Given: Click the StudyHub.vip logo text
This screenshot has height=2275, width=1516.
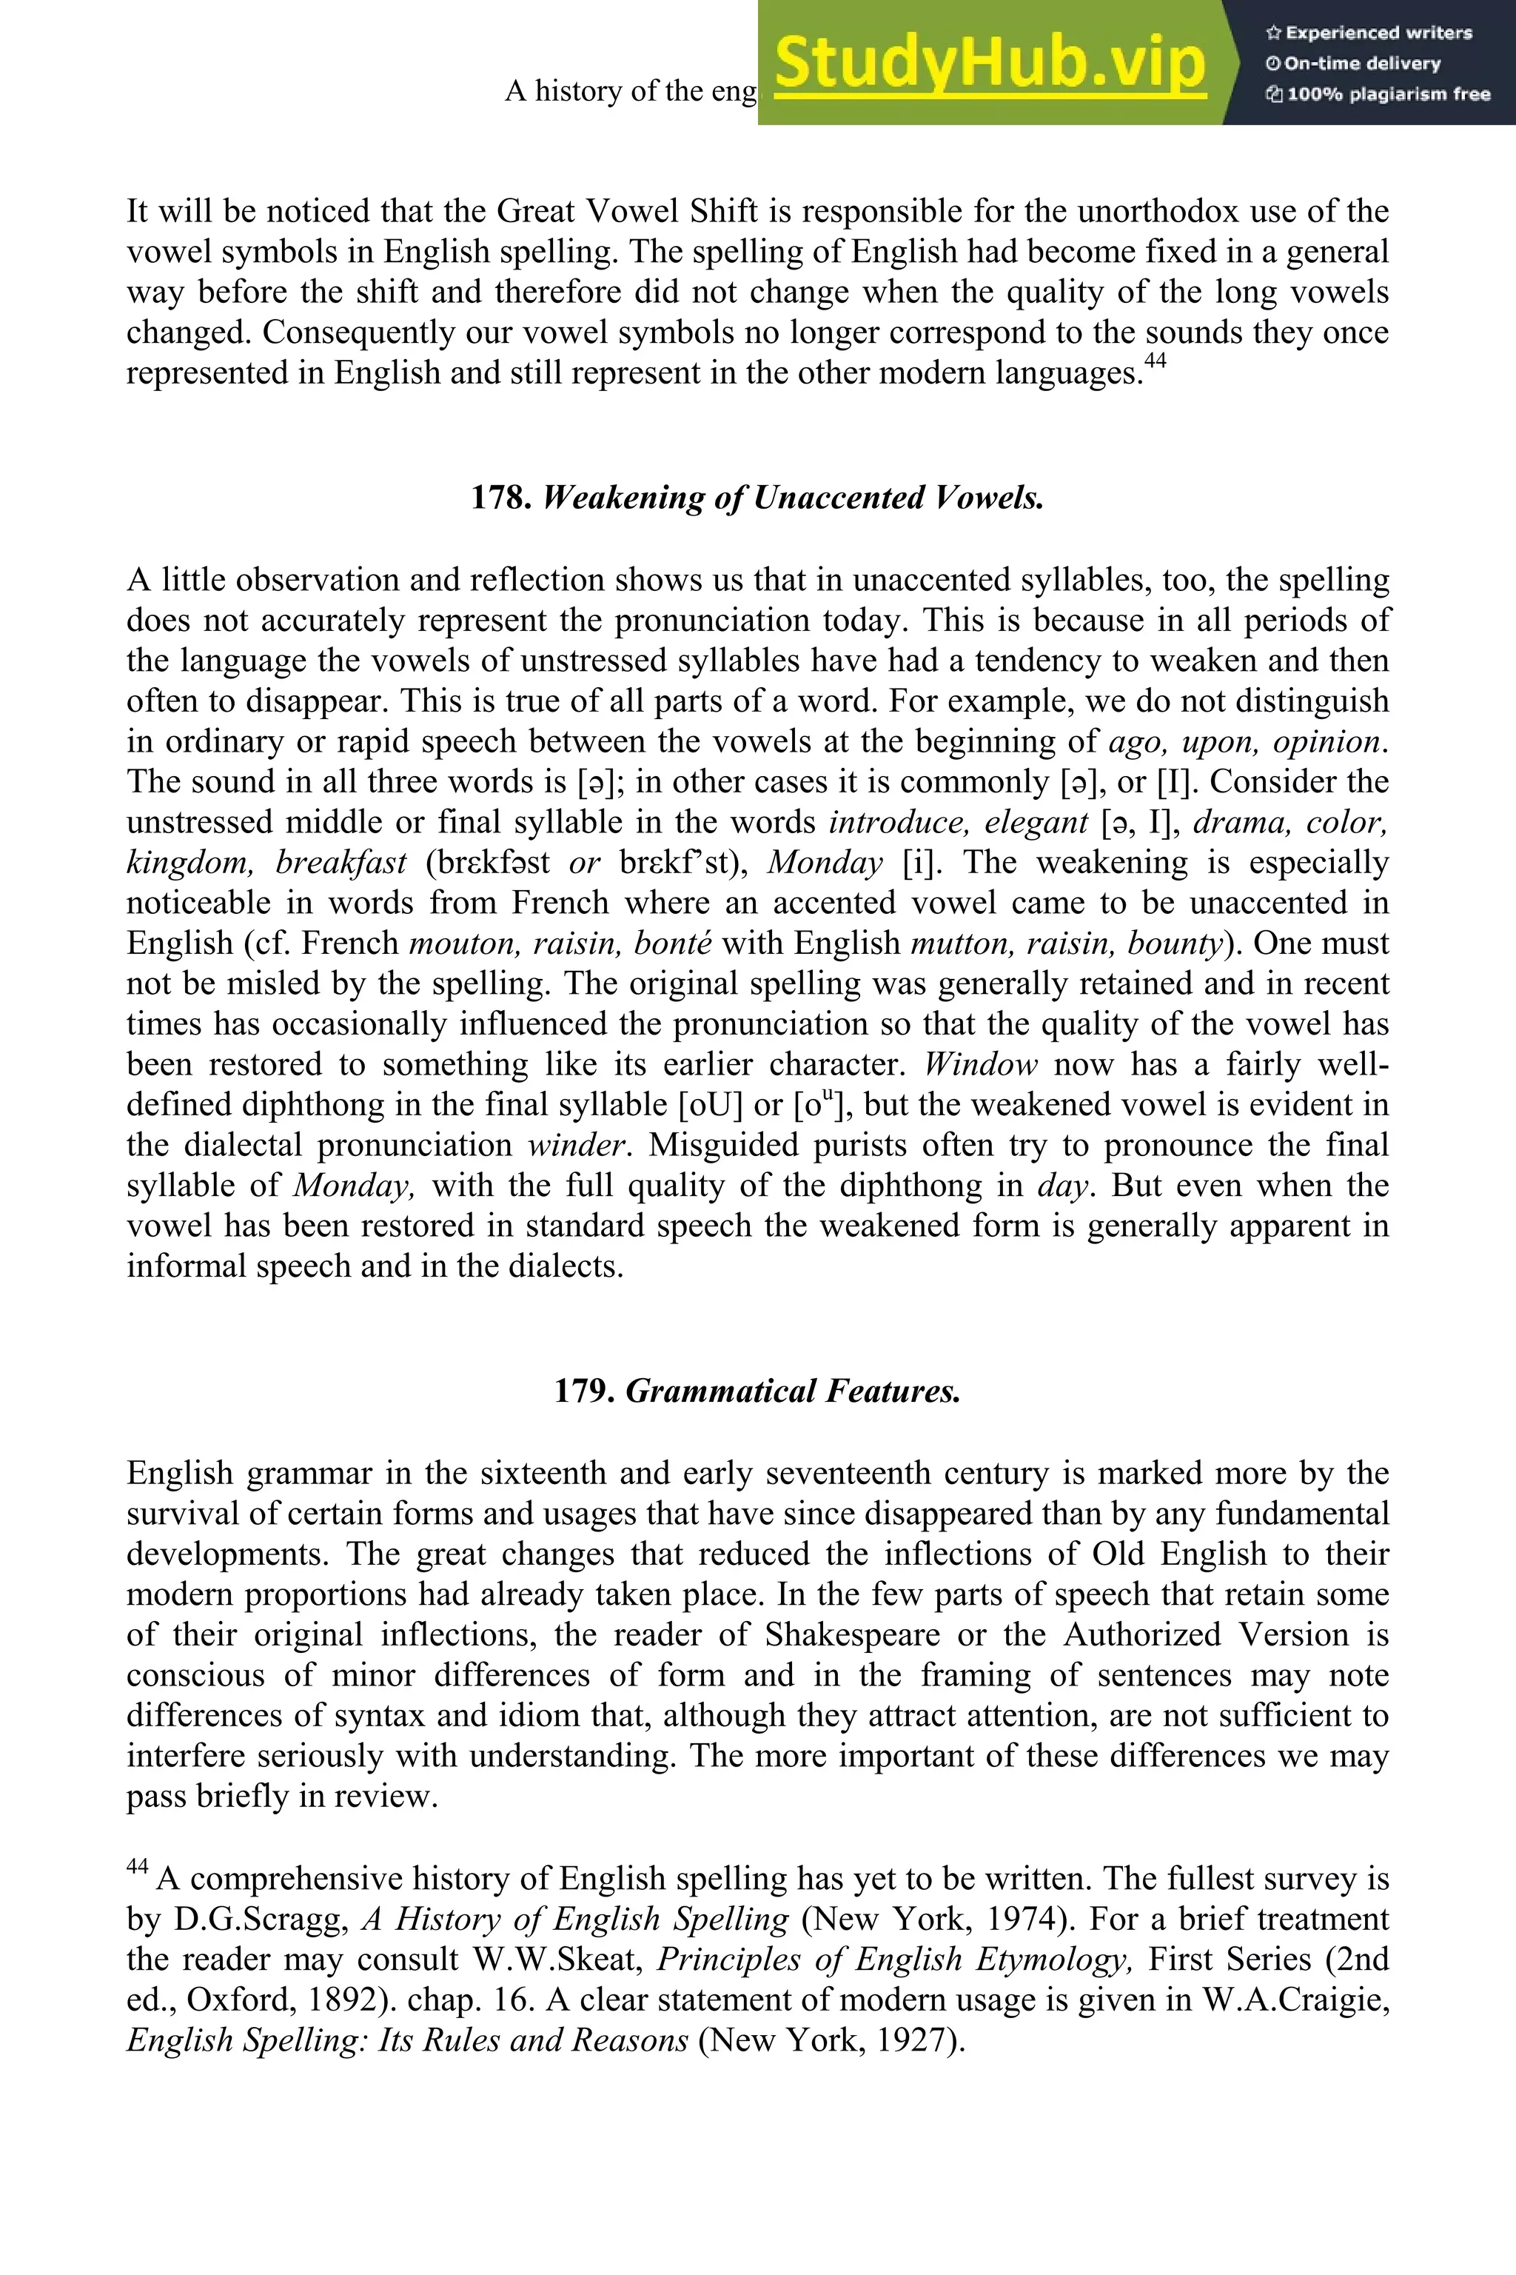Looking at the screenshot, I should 989,63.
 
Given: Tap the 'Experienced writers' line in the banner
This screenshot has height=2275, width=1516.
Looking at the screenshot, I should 1368,33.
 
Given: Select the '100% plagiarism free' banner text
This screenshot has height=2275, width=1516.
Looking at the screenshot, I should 1378,94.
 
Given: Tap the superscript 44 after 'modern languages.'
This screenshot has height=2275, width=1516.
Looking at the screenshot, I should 1156,361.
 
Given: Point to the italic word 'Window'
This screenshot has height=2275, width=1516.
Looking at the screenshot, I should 980,1064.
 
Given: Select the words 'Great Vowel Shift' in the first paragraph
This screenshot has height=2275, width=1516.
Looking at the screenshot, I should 634,211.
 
